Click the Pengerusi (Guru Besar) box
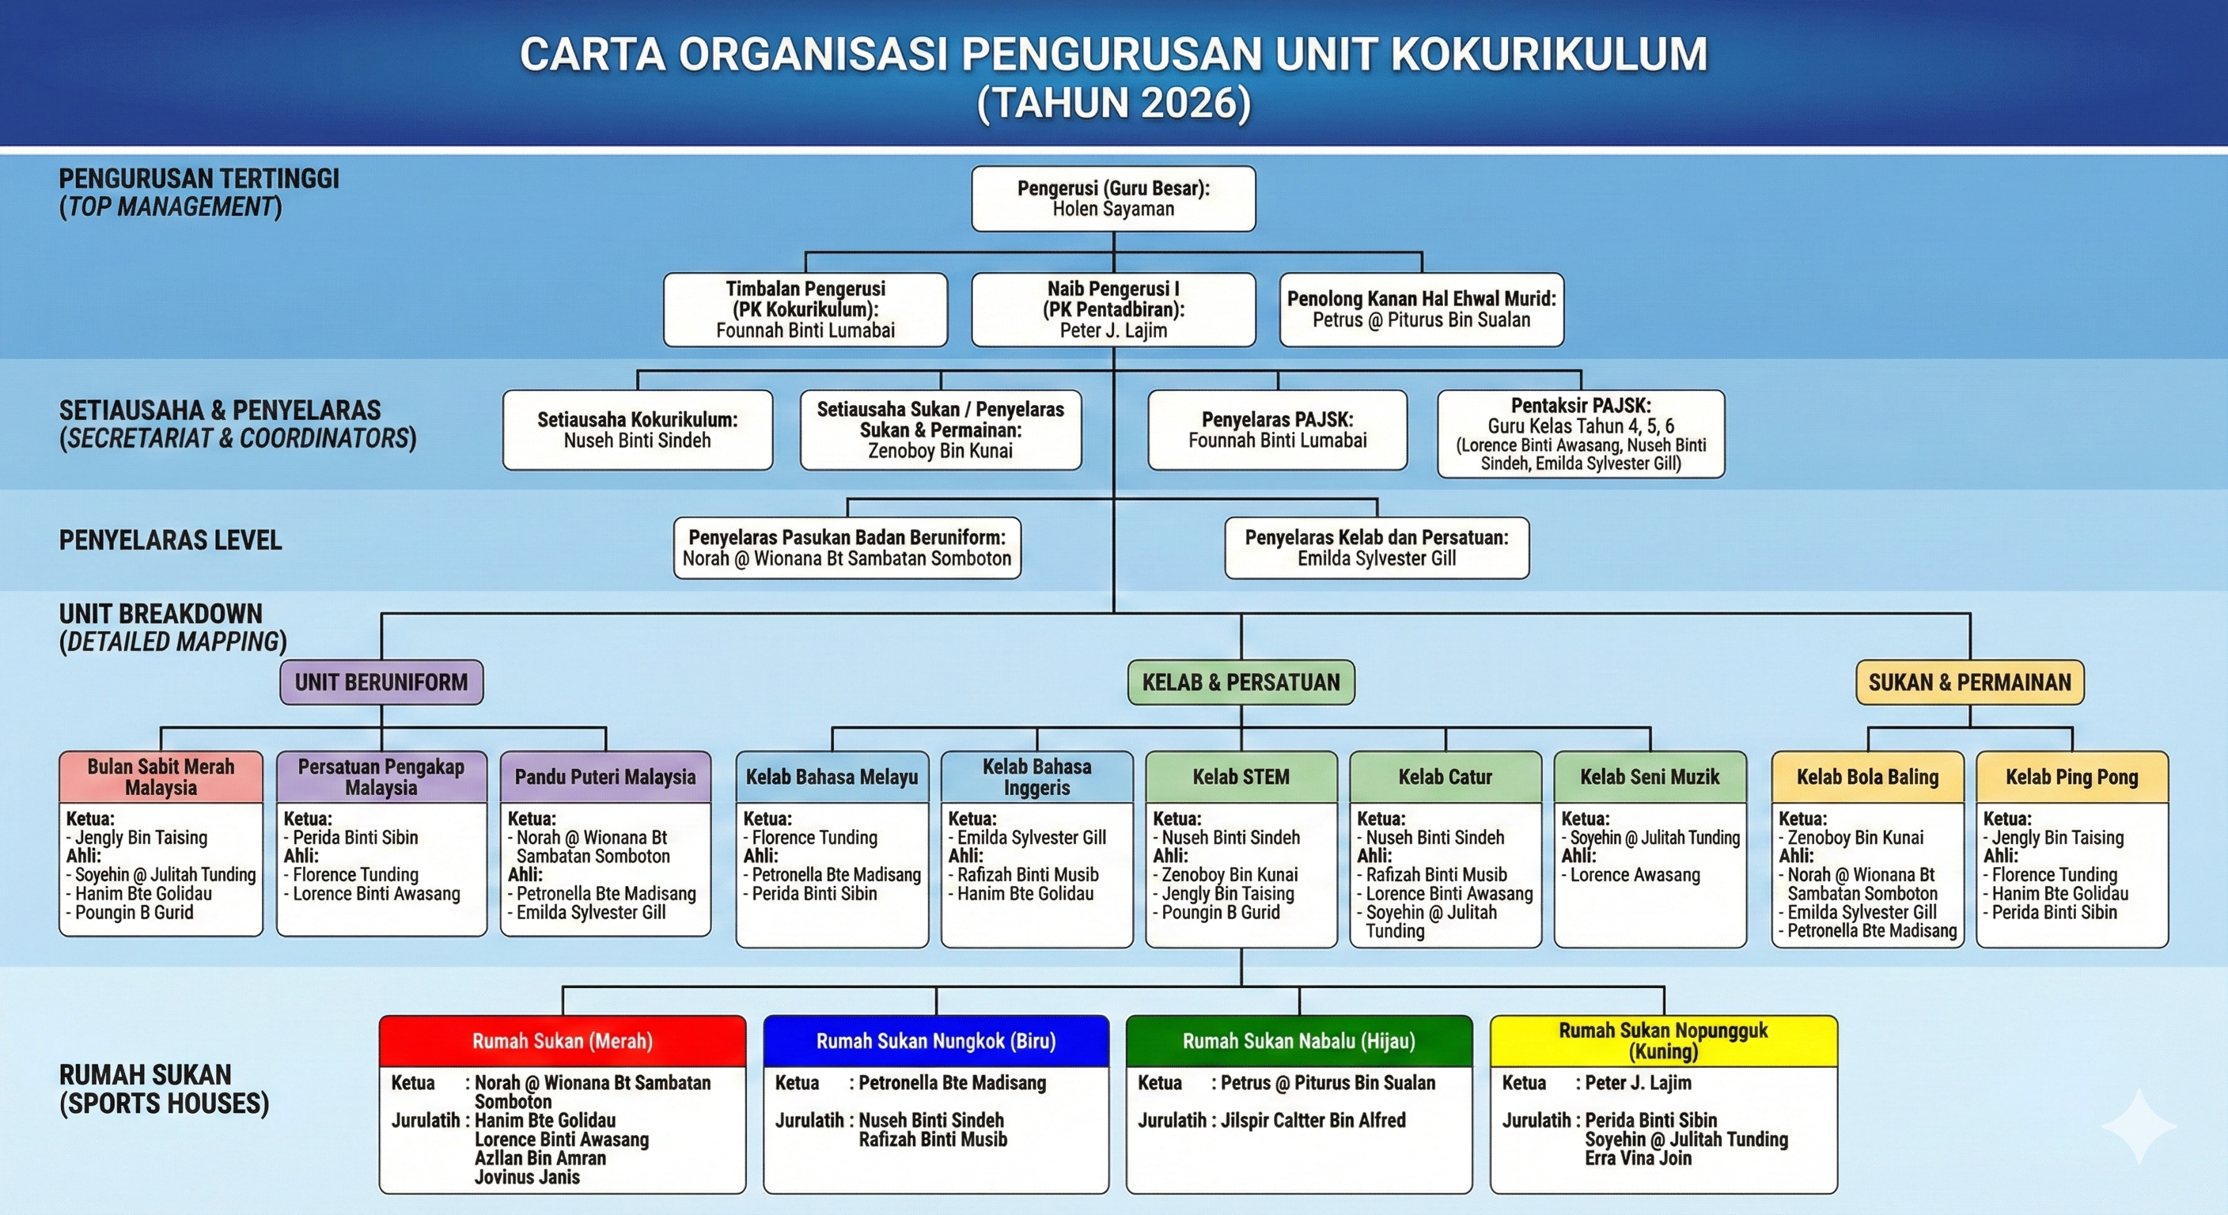[1113, 198]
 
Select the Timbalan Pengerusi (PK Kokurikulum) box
[805, 309]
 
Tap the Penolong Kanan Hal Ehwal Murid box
[1421, 309]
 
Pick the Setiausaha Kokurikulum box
[638, 430]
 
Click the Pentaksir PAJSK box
[1580, 433]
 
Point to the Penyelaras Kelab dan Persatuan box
[1376, 547]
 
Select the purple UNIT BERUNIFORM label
[381, 683]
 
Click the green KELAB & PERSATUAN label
[1241, 683]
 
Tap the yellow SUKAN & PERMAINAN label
[1969, 683]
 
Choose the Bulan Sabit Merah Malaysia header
[161, 777]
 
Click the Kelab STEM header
[1241, 777]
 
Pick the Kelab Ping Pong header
[2071, 777]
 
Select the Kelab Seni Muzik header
[1650, 777]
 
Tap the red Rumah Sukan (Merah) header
[563, 1041]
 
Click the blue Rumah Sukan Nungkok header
[936, 1041]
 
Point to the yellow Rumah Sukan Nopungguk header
[1663, 1041]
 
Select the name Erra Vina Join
[1637, 1158]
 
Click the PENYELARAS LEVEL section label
[170, 540]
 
